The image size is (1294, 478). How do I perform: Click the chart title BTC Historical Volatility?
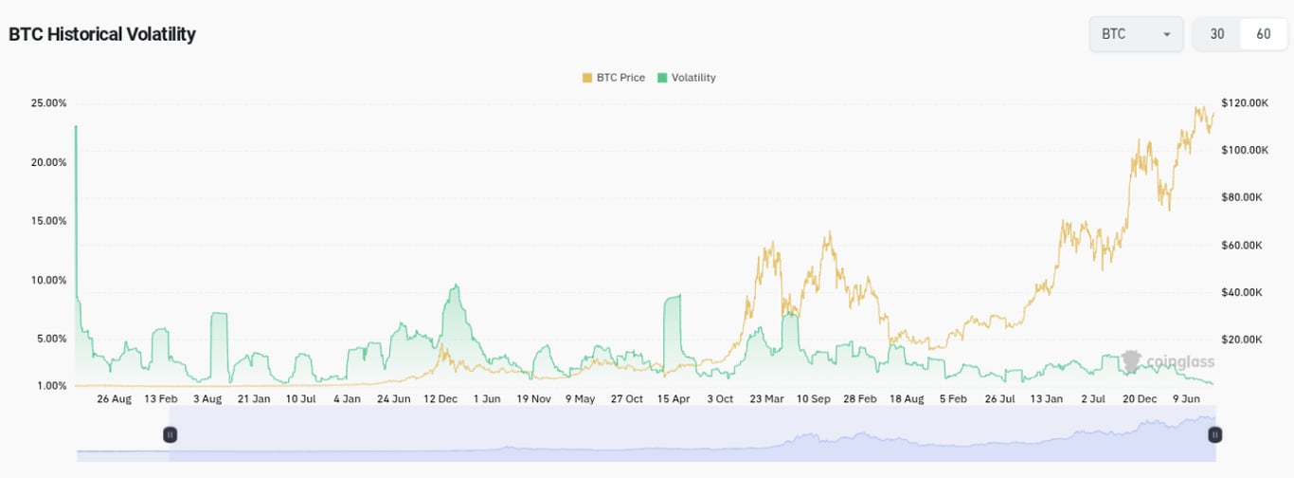[102, 34]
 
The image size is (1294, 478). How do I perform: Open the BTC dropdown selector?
[1136, 34]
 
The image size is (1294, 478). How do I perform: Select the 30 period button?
[1217, 34]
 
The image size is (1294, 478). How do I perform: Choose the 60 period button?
[1264, 34]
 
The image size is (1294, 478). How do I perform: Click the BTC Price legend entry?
[613, 78]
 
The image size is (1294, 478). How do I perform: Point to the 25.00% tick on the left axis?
[48, 102]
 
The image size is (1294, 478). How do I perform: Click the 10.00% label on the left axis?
[48, 280]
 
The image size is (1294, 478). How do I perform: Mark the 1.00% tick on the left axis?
[51, 386]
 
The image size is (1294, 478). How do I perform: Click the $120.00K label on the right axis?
[1245, 102]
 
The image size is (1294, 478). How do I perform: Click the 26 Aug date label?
[114, 399]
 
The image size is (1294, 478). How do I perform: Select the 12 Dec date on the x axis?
[440, 399]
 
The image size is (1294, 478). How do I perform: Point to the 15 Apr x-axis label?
[674, 399]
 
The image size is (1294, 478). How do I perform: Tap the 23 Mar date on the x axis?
[766, 399]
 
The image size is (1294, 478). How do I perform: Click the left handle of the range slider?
[171, 434]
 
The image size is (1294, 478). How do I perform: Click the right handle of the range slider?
[1214, 434]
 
